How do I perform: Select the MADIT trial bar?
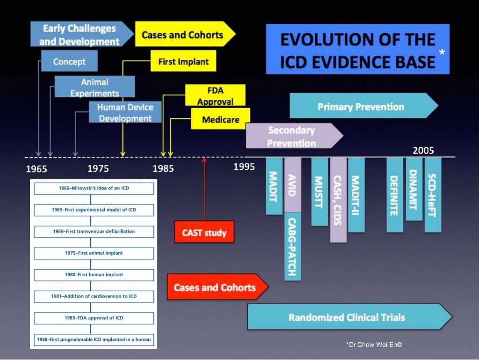pos(274,186)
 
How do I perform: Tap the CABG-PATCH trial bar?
pos(293,246)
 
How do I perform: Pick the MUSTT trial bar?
pos(319,191)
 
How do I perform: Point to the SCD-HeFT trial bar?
pos(433,195)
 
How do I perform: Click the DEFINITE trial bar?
pos(394,195)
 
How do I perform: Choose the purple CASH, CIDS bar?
pos(338,200)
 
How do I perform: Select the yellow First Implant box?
pos(183,62)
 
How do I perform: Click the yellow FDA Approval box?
pos(215,96)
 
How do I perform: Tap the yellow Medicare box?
pos(220,119)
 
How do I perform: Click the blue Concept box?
pos(69,61)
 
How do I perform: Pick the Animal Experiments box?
pos(94,87)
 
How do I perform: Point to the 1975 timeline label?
pos(98,169)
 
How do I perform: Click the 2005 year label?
pos(423,151)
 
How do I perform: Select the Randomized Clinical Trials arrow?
pos(348,317)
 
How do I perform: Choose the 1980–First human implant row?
pos(94,275)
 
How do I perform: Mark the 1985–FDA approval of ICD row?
pos(94,318)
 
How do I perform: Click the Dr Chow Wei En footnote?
pos(374,345)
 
